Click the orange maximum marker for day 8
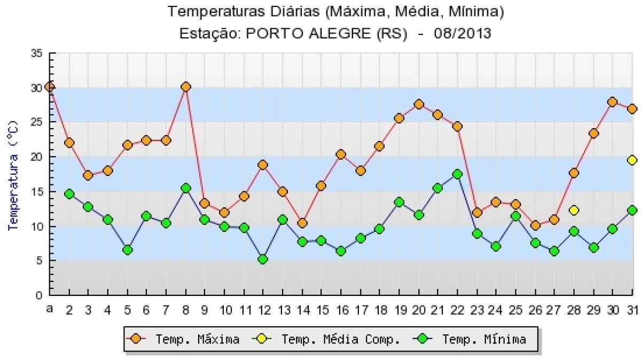click(186, 87)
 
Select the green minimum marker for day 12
click(263, 259)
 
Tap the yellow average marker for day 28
click(574, 210)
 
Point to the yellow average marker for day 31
click(632, 160)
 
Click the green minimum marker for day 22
click(457, 174)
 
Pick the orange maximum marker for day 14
click(302, 223)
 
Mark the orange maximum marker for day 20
click(419, 104)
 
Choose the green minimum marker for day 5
click(128, 250)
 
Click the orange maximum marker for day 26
click(535, 225)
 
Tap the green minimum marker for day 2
click(69, 194)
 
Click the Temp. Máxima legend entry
click(183, 339)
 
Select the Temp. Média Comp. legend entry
click(326, 339)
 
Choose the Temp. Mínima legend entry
click(470, 339)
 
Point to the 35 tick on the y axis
click(37, 53)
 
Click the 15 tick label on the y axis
click(37, 191)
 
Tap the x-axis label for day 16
click(342, 310)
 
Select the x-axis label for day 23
click(478, 310)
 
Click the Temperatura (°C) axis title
click(13, 175)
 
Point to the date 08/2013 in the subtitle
click(463, 34)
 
